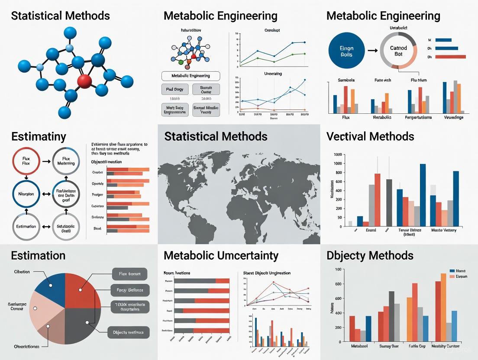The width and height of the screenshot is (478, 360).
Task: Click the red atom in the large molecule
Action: click(85, 80)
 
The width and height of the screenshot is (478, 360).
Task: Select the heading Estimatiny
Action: click(39, 137)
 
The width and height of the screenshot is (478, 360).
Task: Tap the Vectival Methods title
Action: click(370, 137)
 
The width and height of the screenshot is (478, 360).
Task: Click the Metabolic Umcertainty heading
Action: click(221, 255)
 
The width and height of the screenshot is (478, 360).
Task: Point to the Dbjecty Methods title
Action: click(370, 255)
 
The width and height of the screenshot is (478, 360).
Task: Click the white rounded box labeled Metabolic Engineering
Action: click(191, 76)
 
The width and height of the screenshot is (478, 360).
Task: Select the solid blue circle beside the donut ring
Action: click(346, 51)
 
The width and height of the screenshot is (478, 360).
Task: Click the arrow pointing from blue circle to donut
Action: click(372, 51)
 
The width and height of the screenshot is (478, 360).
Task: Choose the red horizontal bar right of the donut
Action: click(450, 56)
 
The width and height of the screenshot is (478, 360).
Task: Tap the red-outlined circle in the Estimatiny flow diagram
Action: click(26, 160)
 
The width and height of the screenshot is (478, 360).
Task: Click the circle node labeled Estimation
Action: click(26, 226)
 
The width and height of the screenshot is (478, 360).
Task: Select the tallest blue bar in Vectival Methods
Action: click(423, 195)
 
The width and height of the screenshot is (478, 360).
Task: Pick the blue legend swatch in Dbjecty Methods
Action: click(452, 270)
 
